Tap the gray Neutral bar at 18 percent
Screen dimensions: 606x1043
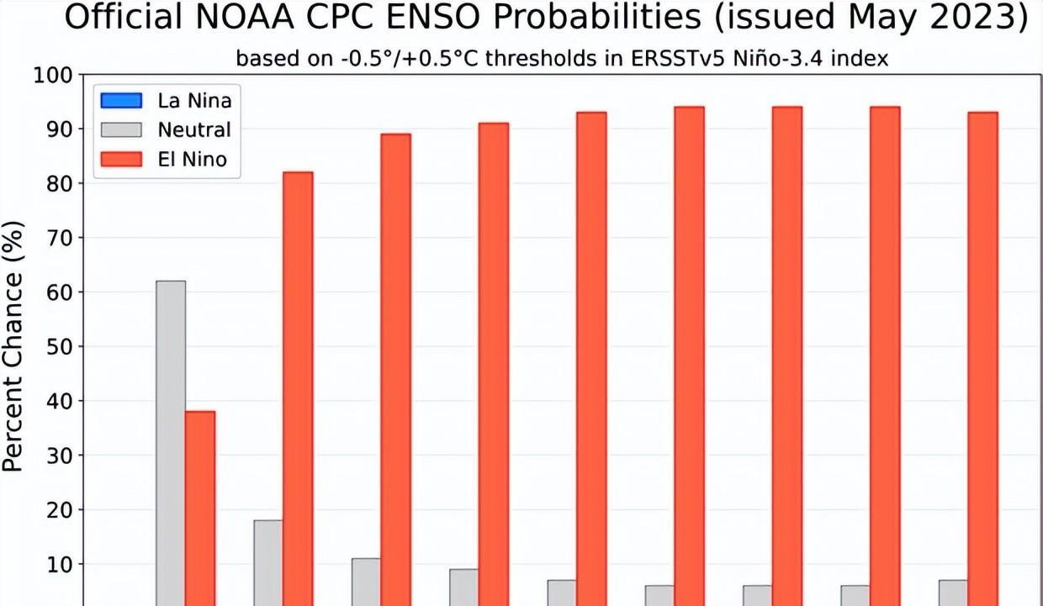[268, 562]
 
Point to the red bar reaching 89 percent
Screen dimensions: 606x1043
[395, 370]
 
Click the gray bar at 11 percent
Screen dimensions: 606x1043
[366, 582]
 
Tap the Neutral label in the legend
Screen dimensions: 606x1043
[193, 129]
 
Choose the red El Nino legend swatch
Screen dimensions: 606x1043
[121, 158]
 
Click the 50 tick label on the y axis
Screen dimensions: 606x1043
[61, 346]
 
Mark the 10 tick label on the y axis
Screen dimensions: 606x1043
[61, 564]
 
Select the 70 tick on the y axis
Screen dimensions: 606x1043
[61, 238]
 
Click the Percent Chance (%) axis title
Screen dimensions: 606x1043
[14, 345]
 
